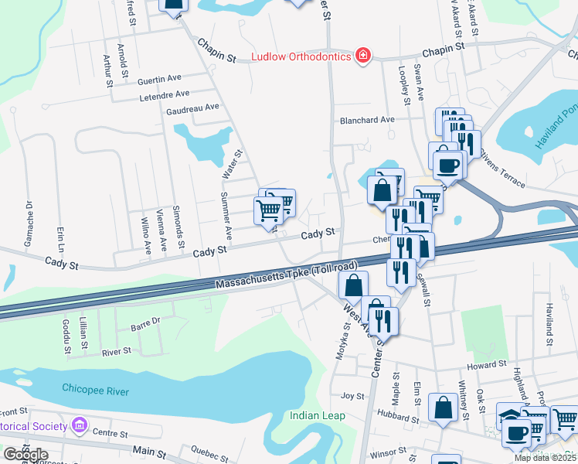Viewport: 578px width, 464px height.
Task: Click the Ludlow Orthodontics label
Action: (x=301, y=56)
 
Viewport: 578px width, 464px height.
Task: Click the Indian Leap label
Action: (x=317, y=415)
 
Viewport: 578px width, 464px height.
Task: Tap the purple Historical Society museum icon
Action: (x=78, y=425)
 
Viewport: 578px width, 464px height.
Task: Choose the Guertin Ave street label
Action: (x=158, y=79)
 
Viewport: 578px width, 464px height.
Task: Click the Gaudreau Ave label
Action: (x=193, y=107)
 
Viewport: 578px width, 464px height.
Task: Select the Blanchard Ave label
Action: (x=368, y=120)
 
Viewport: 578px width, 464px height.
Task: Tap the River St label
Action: (x=117, y=352)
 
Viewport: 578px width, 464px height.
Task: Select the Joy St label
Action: (x=352, y=396)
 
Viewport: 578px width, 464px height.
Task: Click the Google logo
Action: (x=25, y=455)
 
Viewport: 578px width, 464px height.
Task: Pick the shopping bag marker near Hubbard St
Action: (x=444, y=408)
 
